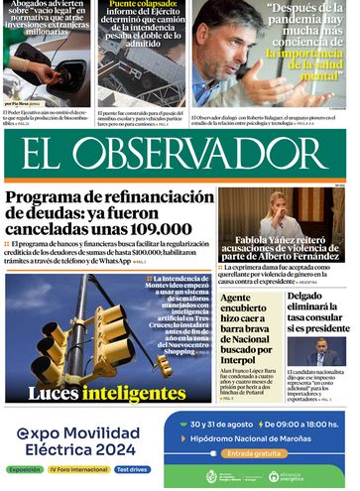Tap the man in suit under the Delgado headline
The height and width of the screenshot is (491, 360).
coord(320,355)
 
